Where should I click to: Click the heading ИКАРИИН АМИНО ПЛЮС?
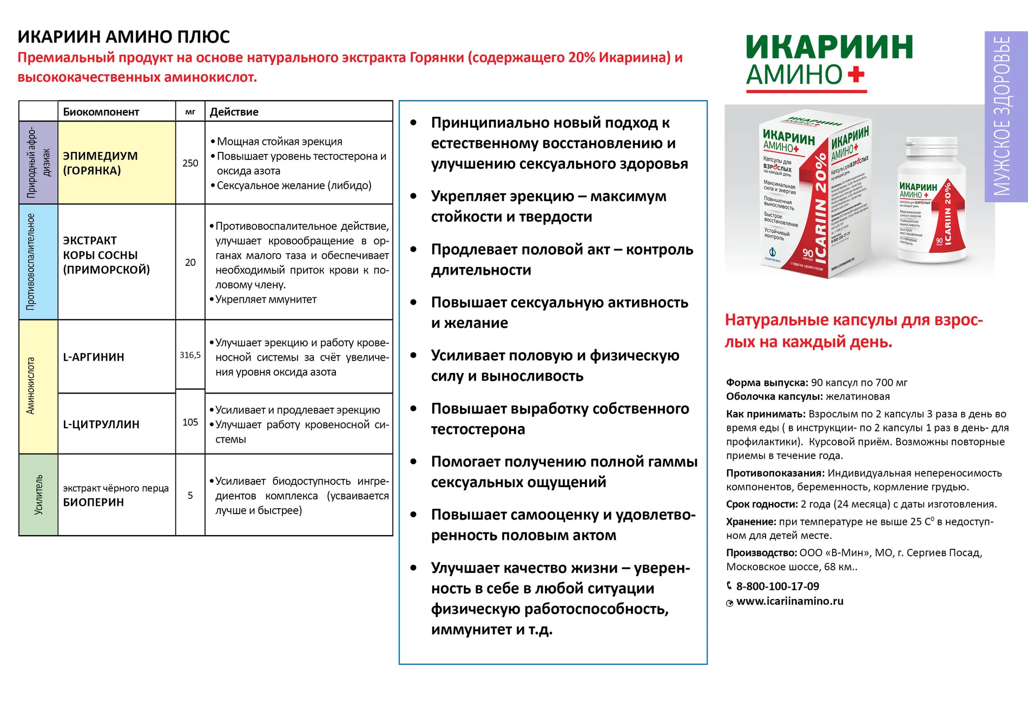[124, 37]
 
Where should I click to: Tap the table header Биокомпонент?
[101, 112]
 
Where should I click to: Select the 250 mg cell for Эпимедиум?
[190, 163]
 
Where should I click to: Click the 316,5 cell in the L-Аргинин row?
[190, 355]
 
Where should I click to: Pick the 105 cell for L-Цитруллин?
[190, 422]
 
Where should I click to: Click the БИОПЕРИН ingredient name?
[94, 502]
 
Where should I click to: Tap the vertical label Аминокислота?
[31, 385]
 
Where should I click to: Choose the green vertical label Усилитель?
[38, 495]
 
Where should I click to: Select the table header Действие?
[234, 112]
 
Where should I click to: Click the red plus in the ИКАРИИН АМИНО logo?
[855, 75]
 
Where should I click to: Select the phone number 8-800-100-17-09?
[777, 586]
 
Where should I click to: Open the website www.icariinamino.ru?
[789, 601]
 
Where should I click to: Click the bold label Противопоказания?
[775, 473]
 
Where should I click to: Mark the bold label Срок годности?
[762, 504]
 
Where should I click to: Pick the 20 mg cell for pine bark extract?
[190, 263]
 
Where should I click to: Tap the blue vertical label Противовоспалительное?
[31, 262]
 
